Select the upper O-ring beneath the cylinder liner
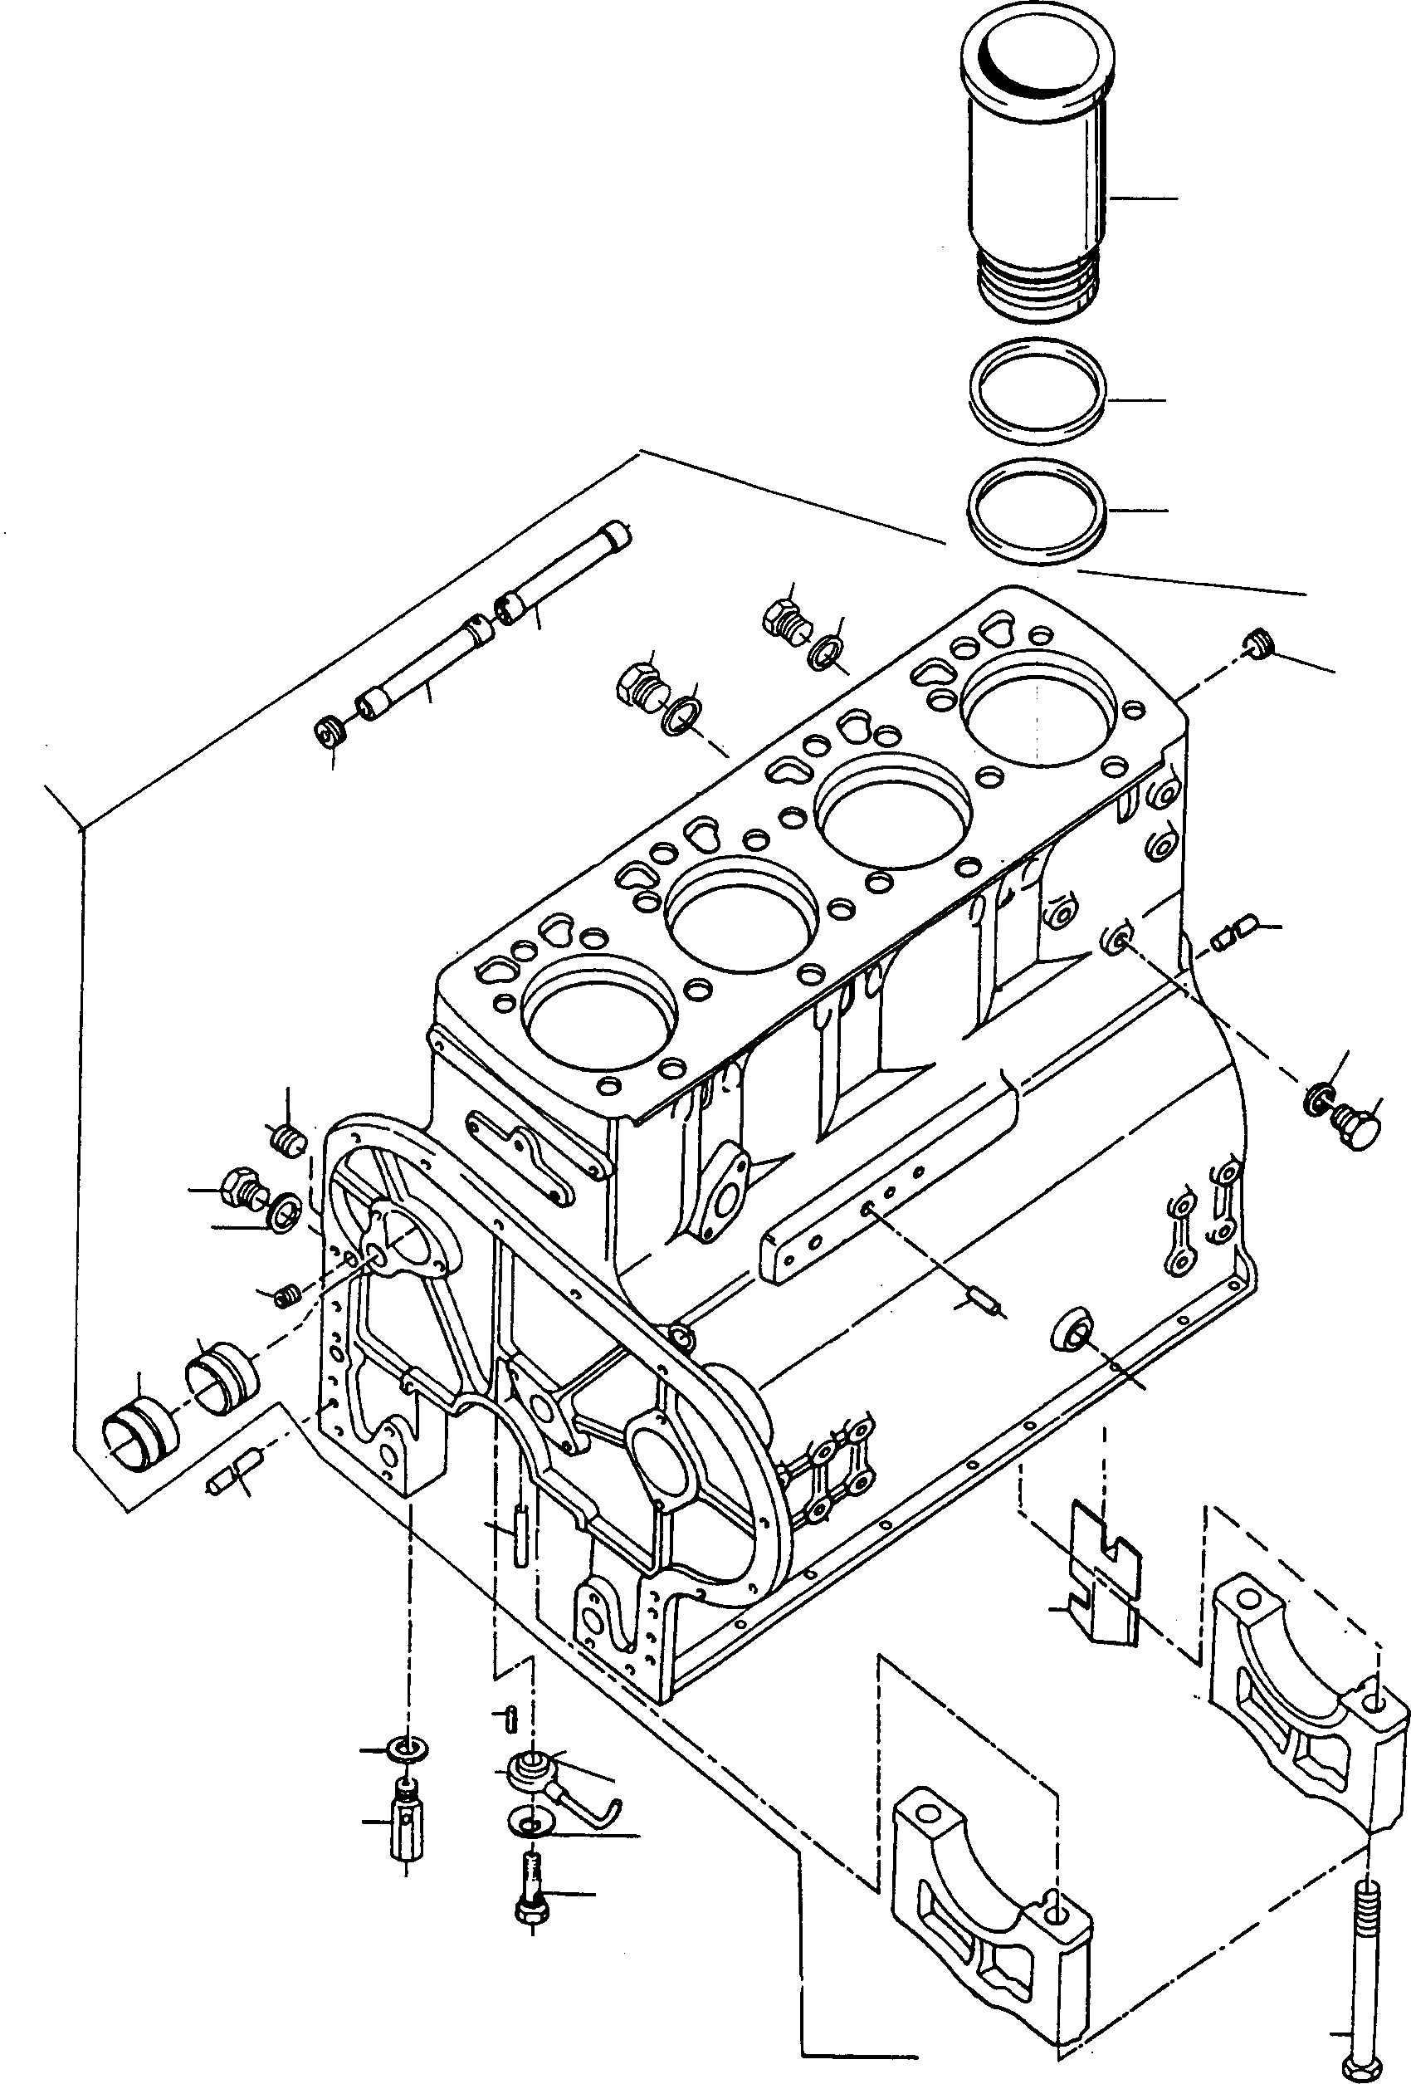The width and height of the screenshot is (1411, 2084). pos(1038,391)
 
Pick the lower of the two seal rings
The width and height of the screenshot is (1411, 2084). pos(1038,511)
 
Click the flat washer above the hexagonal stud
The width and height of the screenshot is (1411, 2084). pos(407,1749)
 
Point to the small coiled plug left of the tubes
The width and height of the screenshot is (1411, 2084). pos(328,731)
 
